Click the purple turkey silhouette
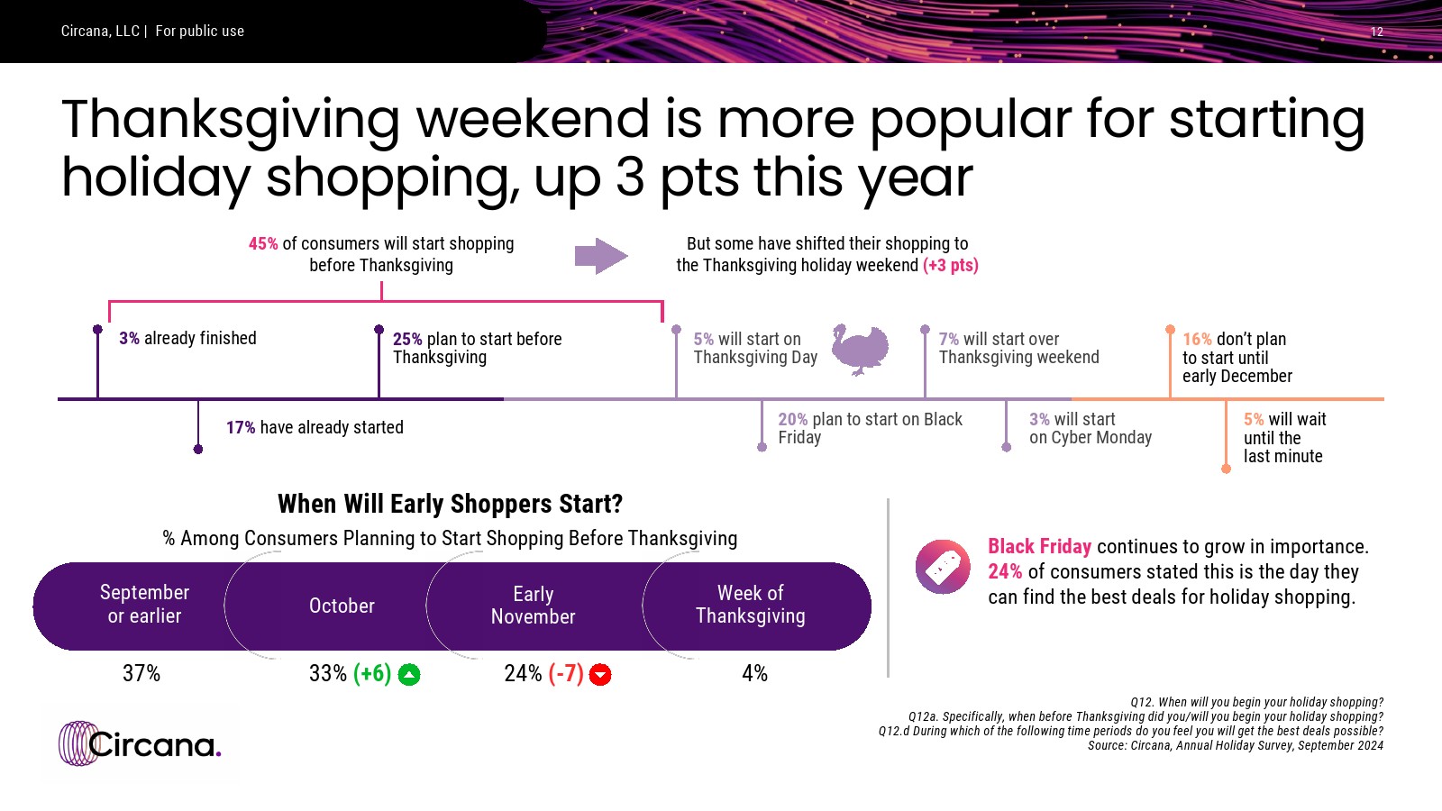pos(860,350)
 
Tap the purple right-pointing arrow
pos(601,256)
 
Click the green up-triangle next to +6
pos(409,675)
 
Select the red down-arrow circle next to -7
pos(600,675)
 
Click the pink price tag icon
pos(943,567)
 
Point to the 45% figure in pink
pos(263,244)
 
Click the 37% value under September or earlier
pos(141,673)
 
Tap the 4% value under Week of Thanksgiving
pos(754,673)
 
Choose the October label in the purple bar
pos(342,606)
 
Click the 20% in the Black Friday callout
pos(792,420)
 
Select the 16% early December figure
pos(1197,339)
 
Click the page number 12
pos(1377,32)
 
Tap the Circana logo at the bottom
pos(140,744)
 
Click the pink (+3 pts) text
pos(950,265)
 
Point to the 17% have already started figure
pos(241,427)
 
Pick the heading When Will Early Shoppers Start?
pos(450,504)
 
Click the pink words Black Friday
pos(1040,546)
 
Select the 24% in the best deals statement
pos(1005,571)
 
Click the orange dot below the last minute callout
pos(1227,469)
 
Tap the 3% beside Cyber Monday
pos(1039,420)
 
